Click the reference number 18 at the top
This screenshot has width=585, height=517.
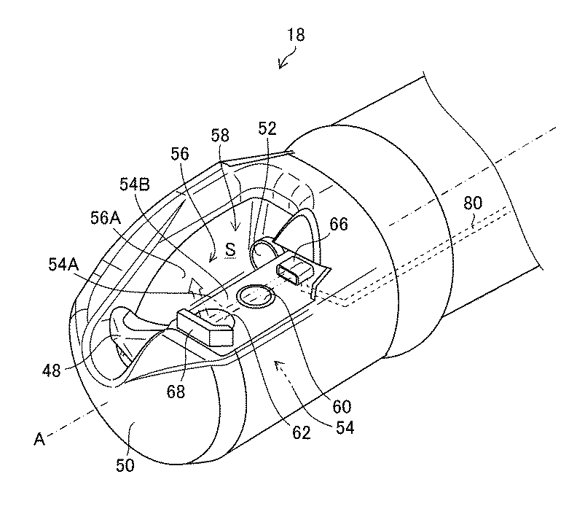pos(296,35)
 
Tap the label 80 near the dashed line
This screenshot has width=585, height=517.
pos(473,203)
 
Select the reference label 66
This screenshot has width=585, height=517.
pos(339,224)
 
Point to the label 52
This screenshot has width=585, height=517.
pos(267,128)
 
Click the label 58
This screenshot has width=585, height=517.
pos(220,135)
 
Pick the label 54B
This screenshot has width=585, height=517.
pos(135,184)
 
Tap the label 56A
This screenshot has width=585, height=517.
pos(106,218)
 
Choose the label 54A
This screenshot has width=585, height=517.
pos(63,265)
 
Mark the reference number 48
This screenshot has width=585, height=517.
pos(51,370)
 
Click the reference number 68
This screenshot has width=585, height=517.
pos(176,392)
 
